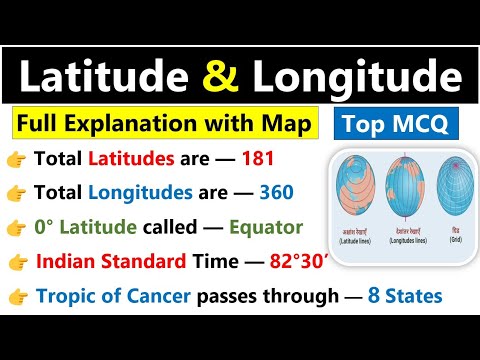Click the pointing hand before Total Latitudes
[15, 159]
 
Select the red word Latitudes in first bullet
[125, 159]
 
